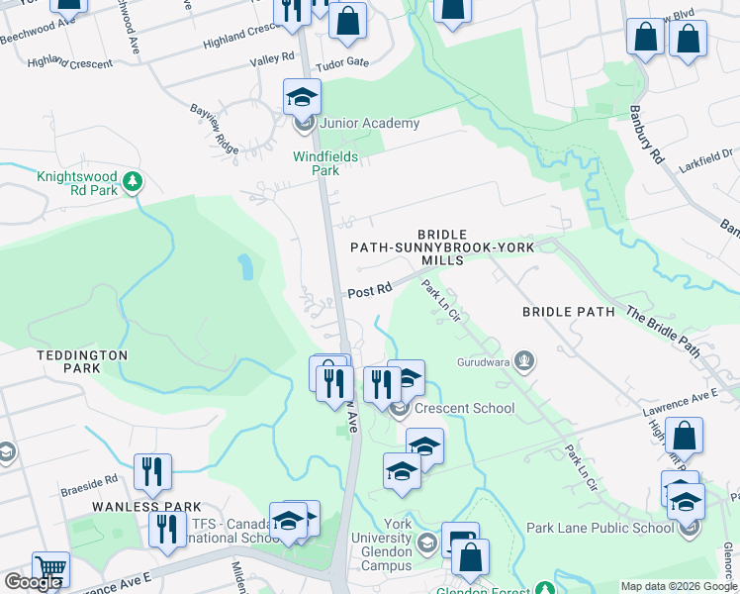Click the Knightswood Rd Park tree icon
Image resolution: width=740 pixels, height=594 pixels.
[133, 182]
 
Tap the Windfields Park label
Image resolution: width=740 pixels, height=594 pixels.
[317, 163]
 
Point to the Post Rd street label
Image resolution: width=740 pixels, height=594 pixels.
[369, 291]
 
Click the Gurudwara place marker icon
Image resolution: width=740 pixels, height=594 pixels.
[524, 362]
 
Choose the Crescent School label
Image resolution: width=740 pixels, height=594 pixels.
[464, 408]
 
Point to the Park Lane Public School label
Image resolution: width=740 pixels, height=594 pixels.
[601, 528]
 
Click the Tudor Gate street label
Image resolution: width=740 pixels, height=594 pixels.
[341, 63]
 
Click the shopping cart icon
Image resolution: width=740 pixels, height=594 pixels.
[51, 569]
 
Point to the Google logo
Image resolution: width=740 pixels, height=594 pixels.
[33, 582]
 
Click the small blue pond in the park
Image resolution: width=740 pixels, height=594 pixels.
[243, 265]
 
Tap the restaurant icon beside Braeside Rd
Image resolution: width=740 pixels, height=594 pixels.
[152, 471]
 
